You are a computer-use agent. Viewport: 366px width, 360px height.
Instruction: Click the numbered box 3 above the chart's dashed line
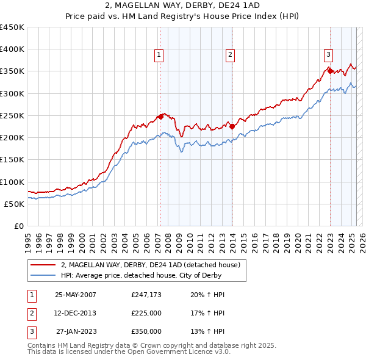click(328, 54)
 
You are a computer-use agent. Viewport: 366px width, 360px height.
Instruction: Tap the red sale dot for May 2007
click(160, 116)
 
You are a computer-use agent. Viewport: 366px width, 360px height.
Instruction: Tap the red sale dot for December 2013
click(232, 126)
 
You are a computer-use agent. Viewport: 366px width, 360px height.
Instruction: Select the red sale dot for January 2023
click(330, 71)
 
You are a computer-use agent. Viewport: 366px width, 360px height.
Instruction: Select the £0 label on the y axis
click(18, 226)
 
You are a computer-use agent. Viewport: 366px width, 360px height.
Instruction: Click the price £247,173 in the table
click(146, 295)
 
